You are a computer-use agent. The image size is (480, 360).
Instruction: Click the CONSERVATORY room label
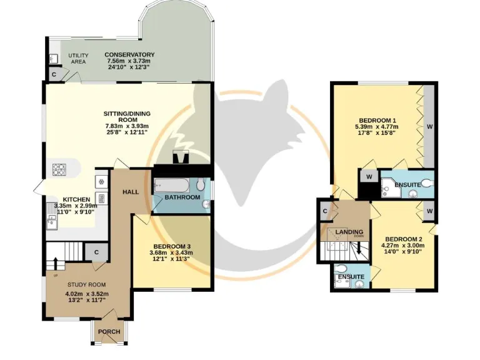[130, 54]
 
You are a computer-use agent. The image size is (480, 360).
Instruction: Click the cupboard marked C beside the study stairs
[96, 252]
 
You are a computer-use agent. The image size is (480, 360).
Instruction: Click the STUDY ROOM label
[82, 285]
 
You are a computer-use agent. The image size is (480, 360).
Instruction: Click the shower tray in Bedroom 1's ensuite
[391, 184]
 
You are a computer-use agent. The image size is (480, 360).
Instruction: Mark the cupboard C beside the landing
[325, 212]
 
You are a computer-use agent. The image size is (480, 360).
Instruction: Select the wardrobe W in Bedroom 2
[430, 211]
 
